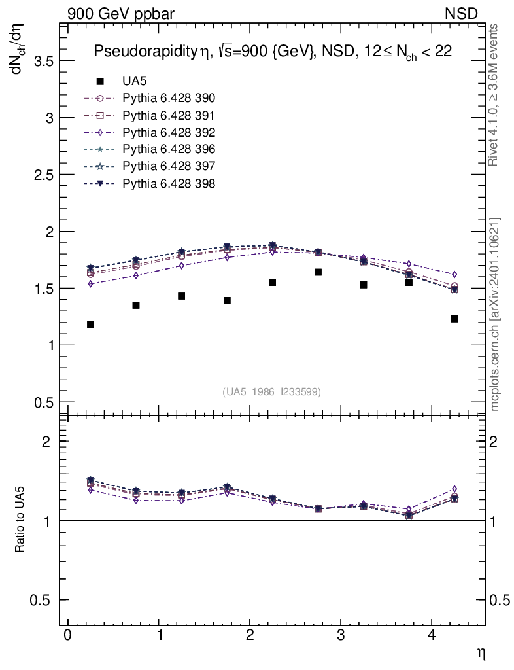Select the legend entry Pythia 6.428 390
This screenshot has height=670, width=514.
pos(169,98)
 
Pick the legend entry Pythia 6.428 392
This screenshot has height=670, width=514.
pos(169,132)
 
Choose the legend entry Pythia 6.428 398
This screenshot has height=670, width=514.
pos(169,183)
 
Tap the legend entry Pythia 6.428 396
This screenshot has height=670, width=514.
pos(169,149)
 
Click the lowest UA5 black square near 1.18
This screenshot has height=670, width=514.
pos(90,325)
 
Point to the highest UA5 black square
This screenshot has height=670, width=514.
pos(318,272)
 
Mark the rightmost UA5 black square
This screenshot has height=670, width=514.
pos(454,319)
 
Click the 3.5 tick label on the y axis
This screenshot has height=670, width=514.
pos(43,61)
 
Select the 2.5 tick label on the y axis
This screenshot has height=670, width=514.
pos(43,175)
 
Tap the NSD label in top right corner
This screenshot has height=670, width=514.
pos(462,13)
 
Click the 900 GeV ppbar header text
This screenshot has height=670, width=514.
pos(121,13)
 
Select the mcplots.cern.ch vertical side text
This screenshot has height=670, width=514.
pos(495,314)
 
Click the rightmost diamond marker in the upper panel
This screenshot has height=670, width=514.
pos(454,274)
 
